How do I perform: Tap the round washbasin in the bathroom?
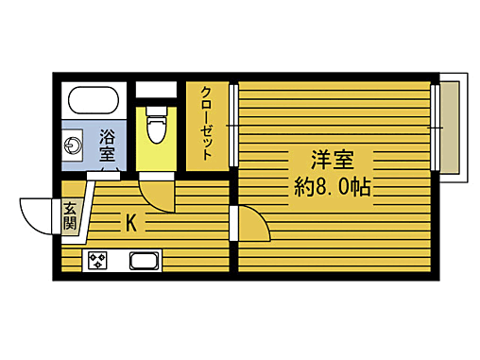click(73, 146)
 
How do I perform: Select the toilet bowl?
click(157, 124)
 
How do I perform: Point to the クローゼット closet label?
click(205, 123)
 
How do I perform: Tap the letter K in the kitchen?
click(131, 224)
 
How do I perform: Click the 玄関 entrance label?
click(70, 216)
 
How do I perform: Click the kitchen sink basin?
click(144, 262)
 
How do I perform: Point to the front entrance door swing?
click(38, 215)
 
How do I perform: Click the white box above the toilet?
click(156, 90)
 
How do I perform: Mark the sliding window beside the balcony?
click(436, 127)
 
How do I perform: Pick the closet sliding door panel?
click(233, 127)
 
